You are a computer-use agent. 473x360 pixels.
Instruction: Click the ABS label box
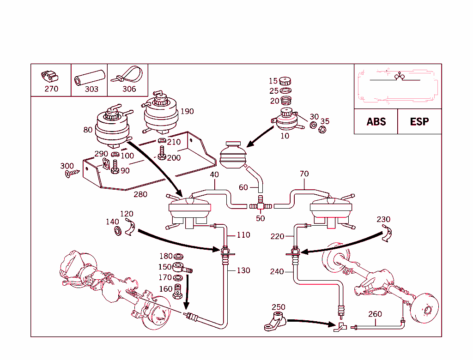(x=376, y=122)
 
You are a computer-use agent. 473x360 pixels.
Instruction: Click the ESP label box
(x=419, y=122)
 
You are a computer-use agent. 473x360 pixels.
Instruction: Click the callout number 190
(x=187, y=111)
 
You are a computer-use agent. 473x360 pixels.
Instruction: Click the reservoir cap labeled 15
(x=285, y=82)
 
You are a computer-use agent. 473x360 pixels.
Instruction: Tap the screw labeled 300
(x=73, y=173)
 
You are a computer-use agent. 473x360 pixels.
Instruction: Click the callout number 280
(x=140, y=194)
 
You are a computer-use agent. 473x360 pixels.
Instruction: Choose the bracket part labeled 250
(x=275, y=321)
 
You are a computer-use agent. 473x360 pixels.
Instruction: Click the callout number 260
(x=375, y=314)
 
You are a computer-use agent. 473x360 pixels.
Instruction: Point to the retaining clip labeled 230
(x=388, y=234)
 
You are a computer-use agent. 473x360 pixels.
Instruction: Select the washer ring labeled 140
(x=118, y=230)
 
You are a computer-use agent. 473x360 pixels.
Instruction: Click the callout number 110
(x=243, y=235)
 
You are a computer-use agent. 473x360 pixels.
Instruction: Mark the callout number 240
(x=277, y=272)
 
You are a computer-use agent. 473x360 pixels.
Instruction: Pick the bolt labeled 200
(x=162, y=153)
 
